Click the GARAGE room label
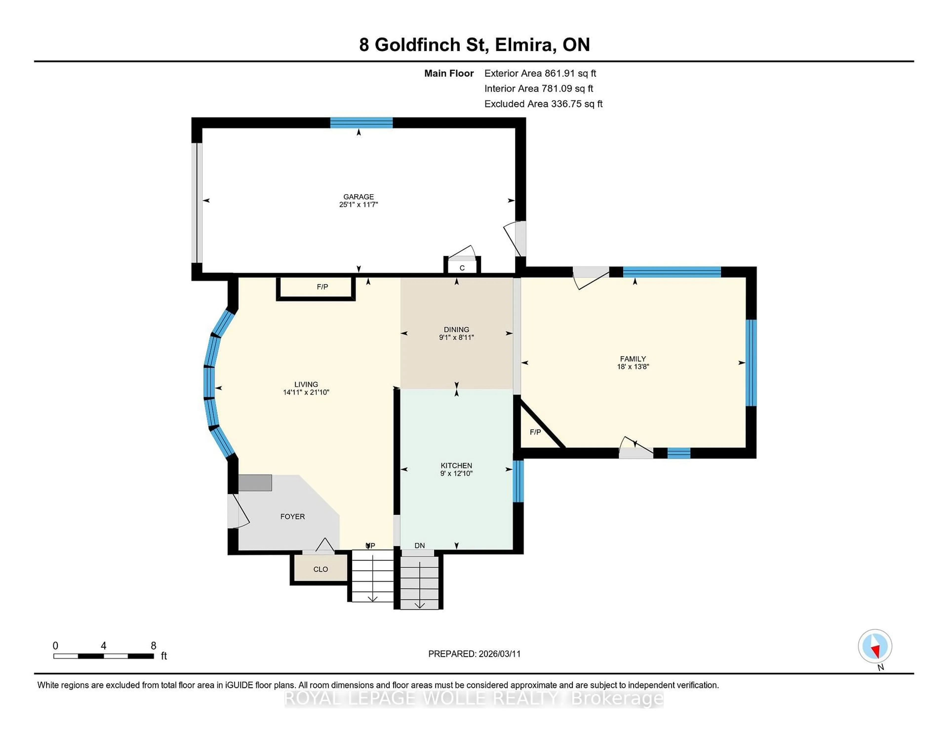tap(358, 197)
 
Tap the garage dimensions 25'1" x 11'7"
tap(358, 204)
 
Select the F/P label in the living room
tap(322, 287)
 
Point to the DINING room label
tap(456, 330)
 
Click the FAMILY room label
tap(632, 359)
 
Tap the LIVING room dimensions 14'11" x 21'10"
tap(306, 392)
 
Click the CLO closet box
tap(320, 569)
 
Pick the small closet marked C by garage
tap(462, 268)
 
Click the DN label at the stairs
tap(419, 545)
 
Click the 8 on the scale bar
tap(153, 646)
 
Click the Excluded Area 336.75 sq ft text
tap(543, 104)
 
